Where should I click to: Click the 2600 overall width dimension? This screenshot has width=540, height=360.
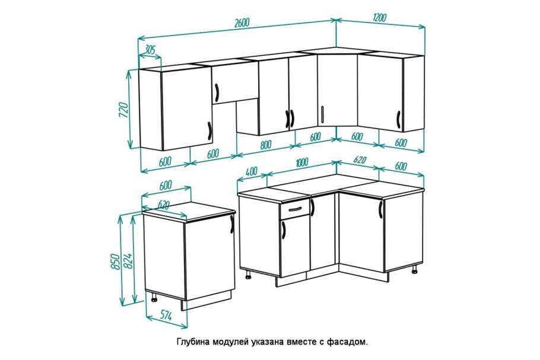click(242, 23)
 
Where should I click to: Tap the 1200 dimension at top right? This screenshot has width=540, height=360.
click(380, 18)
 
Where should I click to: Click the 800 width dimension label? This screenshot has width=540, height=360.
click(265, 145)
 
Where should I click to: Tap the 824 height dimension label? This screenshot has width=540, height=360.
click(128, 261)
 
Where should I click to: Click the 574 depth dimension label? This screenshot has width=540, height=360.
click(166, 315)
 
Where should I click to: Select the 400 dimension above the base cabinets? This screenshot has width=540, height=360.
click(252, 171)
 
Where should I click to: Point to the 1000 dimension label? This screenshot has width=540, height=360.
click(301, 162)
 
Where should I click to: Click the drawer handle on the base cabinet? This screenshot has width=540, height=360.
click(294, 209)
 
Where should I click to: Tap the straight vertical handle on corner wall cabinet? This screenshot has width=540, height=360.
click(322, 114)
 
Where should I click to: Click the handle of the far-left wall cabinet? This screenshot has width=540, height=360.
click(209, 131)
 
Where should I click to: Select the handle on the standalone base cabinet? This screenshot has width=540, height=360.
click(232, 224)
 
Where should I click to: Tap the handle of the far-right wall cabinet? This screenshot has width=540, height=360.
click(398, 120)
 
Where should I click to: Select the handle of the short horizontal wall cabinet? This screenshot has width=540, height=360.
click(217, 92)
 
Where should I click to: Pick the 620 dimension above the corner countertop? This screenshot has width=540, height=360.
click(360, 160)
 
